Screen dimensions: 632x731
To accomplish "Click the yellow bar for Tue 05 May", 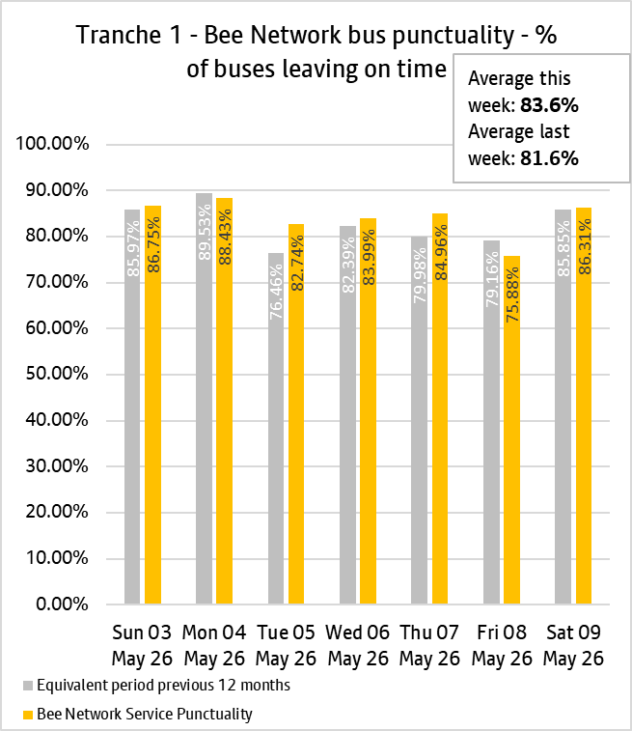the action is pos(296,414).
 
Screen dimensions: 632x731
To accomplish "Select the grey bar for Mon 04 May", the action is pos(204,399).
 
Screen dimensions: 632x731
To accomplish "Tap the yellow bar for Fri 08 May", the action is pos(511,430).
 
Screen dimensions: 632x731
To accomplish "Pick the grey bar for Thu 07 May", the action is pos(419,420).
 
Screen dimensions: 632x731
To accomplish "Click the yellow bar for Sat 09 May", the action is pos(584,407).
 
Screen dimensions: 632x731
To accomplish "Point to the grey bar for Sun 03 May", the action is pos(132,407).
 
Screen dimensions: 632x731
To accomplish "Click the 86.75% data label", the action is pos(153,244).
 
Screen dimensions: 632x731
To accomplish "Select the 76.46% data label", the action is pos(276,292).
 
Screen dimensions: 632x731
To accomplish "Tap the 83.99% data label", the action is pos(369,257).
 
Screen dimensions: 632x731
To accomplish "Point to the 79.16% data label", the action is pos(492,279).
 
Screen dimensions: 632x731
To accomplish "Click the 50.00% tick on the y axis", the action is pos(57,374).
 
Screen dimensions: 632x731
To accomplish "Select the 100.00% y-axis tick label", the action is pos(52,144).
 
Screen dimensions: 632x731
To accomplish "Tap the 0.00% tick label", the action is pos(62,604).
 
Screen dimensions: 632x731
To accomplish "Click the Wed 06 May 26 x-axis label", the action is pos(358,646).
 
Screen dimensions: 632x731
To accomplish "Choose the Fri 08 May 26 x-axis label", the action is pos(502,646).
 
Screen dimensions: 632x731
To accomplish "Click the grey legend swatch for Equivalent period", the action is pos(28,686).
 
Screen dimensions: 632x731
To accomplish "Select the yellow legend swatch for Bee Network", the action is pos(28,715).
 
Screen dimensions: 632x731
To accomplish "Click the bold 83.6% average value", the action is pos(550,105).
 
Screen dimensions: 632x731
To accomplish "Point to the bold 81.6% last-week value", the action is pos(550,158).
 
